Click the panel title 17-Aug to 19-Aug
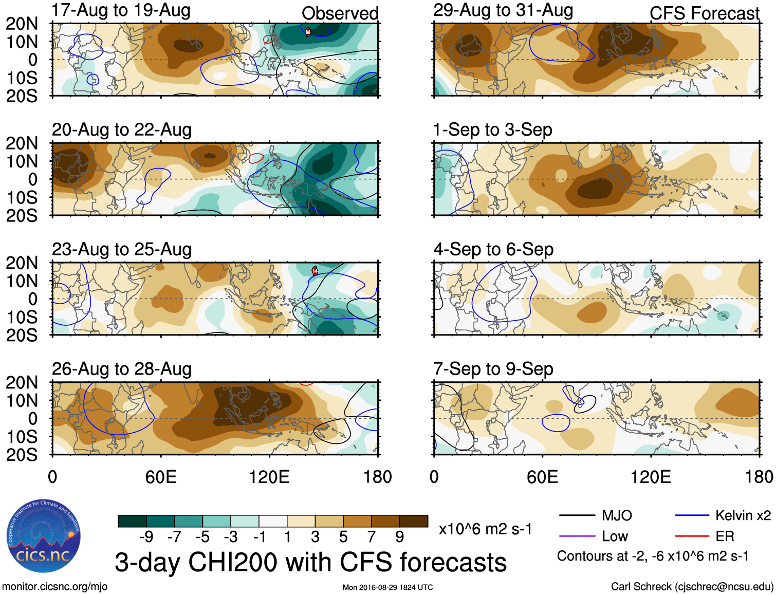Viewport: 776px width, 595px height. coord(121,10)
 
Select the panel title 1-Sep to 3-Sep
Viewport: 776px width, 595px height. coord(493,130)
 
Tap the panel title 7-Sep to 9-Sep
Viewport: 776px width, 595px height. coord(493,369)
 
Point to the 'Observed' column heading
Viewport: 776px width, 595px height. coord(340,13)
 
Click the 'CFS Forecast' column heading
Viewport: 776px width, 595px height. coord(704,13)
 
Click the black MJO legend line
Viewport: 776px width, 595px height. coord(577,515)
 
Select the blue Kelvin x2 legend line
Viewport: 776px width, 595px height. coord(692,515)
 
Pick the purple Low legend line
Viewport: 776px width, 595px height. coord(577,536)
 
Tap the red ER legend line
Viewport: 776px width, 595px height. coord(692,536)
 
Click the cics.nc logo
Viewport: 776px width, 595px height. coord(43,536)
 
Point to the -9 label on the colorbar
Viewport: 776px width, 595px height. coord(146,537)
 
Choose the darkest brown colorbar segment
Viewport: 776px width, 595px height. coord(414,521)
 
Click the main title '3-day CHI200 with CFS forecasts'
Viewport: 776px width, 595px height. coord(310,562)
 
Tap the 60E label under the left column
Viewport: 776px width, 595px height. coord(161,477)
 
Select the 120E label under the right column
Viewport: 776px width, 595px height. coord(651,477)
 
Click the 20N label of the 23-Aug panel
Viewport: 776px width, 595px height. coord(22,263)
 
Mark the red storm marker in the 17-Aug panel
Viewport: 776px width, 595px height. coord(308,32)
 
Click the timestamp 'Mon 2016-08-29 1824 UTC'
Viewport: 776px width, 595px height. coord(387,587)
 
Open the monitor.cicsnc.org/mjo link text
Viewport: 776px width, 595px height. coord(55,587)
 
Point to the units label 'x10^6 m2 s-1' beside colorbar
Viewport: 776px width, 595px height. coord(485,529)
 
